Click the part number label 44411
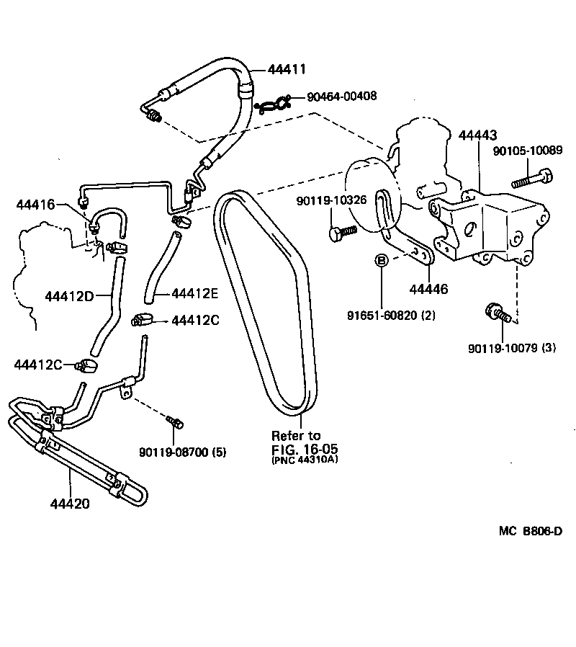tap(287, 69)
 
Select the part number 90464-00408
tap(342, 96)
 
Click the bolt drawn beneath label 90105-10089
tap(532, 175)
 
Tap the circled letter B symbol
tap(382, 260)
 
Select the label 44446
tap(428, 289)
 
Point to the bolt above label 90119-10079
tap(497, 313)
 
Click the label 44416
tap(35, 205)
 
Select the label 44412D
tap(68, 295)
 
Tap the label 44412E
tap(195, 293)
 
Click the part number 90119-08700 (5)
tap(183, 452)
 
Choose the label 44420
tap(70, 504)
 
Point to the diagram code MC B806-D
tap(530, 531)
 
